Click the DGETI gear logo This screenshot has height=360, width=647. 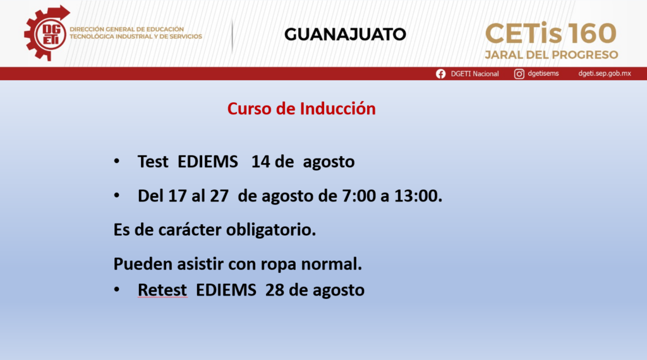coord(46,33)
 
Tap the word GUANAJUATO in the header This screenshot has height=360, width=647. coord(345,34)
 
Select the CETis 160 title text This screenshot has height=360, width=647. coord(551,33)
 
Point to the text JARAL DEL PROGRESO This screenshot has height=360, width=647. coord(551,55)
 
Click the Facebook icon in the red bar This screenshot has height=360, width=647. coord(440,74)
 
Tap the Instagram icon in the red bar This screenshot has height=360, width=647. coord(519,74)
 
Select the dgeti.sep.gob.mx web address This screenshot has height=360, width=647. coord(605,73)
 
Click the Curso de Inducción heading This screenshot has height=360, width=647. coord(301,109)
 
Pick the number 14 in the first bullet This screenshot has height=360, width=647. coord(260,161)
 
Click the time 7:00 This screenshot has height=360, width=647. coord(359,195)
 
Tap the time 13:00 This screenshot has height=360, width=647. coord(416,195)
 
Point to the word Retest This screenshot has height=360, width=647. coord(162,290)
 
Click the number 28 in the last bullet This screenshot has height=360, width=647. coord(275,290)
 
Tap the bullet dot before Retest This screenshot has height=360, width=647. coord(117,289)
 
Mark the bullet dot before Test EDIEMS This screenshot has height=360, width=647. coord(117,161)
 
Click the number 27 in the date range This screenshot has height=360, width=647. coord(219,195)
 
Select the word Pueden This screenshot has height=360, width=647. coord(143,264)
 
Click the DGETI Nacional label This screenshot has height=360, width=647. coord(475,74)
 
